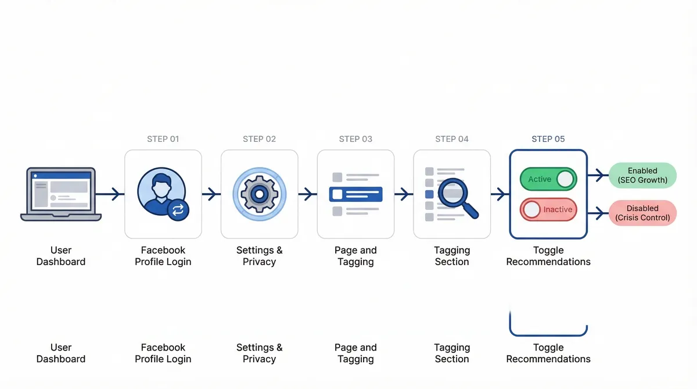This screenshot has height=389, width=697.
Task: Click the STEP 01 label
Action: [163, 139]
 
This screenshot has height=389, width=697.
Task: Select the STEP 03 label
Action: [355, 139]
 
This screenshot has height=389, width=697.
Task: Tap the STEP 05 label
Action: [548, 139]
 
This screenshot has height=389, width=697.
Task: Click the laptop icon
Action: [61, 194]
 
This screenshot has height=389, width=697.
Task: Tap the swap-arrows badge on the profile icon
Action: [178, 210]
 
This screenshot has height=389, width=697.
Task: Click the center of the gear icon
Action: [259, 194]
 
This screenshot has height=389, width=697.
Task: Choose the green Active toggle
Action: [548, 179]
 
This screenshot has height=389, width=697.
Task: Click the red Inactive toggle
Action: [548, 209]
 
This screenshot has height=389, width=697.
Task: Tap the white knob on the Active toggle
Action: [565, 179]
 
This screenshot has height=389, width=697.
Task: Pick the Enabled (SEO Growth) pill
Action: [642, 175]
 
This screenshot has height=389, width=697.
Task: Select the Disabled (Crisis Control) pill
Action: [642, 213]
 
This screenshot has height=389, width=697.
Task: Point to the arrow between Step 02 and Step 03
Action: [307, 194]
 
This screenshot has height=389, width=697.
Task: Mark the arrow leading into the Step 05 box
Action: [500, 194]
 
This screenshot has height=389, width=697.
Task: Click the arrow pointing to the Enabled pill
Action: [597, 174]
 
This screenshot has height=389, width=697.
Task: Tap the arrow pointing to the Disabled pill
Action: [597, 214]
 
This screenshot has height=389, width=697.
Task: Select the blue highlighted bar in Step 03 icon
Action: [355, 194]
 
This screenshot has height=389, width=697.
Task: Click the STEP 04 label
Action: [451, 139]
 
